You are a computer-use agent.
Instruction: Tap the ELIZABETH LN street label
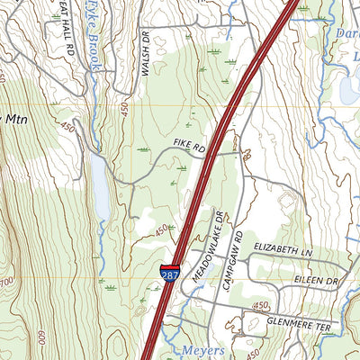coord(282,246)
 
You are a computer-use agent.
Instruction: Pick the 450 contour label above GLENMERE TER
coord(261,307)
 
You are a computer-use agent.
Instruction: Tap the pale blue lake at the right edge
coord(349,90)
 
